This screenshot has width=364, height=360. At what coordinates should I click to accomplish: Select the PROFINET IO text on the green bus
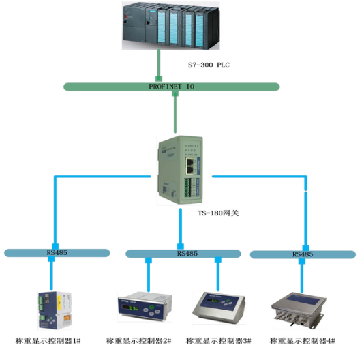(x=172, y=87)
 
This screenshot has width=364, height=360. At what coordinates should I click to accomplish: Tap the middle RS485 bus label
(x=187, y=253)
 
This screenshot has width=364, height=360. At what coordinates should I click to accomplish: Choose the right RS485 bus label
(x=303, y=254)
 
